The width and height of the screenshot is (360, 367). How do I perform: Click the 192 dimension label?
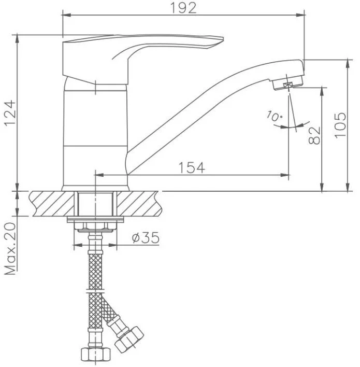coord(183,8)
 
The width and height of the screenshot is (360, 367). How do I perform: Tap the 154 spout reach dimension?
coord(192,167)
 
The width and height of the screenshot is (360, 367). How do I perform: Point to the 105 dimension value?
coord(340,125)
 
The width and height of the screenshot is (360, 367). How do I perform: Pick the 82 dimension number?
coord(314,135)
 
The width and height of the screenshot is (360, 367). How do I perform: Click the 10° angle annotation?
coord(274,116)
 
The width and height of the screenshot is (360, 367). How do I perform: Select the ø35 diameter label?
coord(146,238)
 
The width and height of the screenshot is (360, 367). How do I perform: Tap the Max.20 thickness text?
coord(11,249)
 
